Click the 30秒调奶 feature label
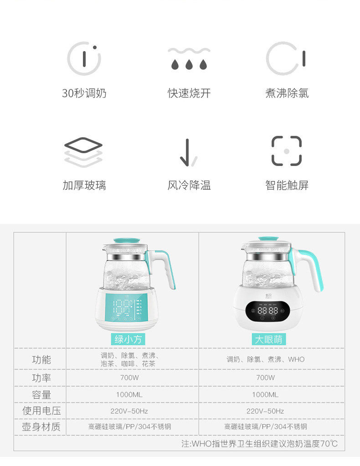(x=84, y=93)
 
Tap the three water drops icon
(x=189, y=59)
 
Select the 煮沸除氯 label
(x=287, y=93)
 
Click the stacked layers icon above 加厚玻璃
(x=83, y=151)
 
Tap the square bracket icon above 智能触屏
(x=287, y=151)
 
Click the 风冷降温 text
(x=189, y=185)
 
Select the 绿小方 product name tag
(x=128, y=339)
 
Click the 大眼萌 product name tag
(x=268, y=339)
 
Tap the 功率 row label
(x=41, y=378)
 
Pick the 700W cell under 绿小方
(x=129, y=378)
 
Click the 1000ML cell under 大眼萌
(x=265, y=394)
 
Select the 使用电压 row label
(x=41, y=411)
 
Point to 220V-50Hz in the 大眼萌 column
(x=265, y=411)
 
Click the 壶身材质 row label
(x=41, y=427)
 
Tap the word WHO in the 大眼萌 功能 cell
(x=296, y=359)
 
